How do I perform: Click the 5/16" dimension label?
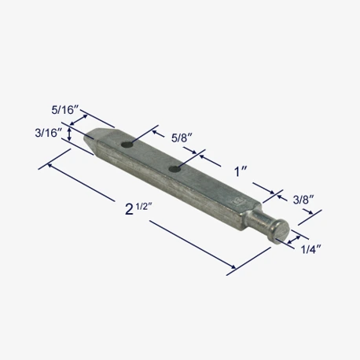65,110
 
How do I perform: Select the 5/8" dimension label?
182,138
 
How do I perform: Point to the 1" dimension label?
241,172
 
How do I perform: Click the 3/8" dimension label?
303,200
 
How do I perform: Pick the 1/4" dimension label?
310,249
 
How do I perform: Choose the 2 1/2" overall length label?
138,209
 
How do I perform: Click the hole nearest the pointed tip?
127,145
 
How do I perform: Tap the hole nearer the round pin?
174,169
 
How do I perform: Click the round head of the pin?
281,230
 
